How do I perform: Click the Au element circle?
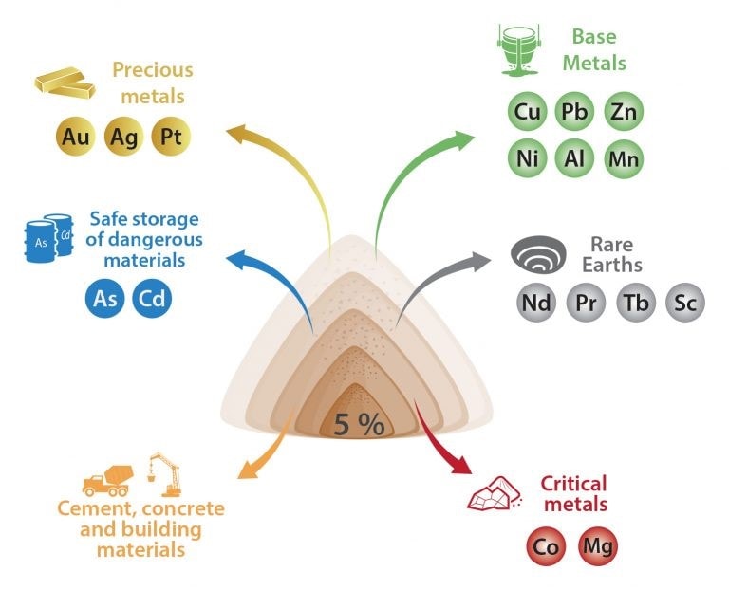pyautogui.click(x=75, y=137)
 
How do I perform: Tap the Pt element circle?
pyautogui.click(x=171, y=137)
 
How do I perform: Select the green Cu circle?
pyautogui.click(x=527, y=112)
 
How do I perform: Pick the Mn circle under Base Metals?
pyautogui.click(x=624, y=158)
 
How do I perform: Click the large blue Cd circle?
pyautogui.click(x=152, y=298)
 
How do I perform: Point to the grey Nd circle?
pyautogui.click(x=536, y=303)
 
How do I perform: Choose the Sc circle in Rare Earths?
pyautogui.click(x=685, y=303)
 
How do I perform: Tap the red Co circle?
pyautogui.click(x=546, y=546)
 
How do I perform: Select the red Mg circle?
pyautogui.click(x=598, y=546)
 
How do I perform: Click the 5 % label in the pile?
pyautogui.click(x=360, y=424)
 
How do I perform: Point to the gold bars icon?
pyautogui.click(x=65, y=83)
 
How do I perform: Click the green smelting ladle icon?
pyautogui.click(x=519, y=50)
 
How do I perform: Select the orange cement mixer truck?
pyautogui.click(x=108, y=481)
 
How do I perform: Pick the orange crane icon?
pyautogui.click(x=163, y=474)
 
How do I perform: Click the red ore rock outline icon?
pyautogui.click(x=494, y=494)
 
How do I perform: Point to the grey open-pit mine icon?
pyautogui.click(x=538, y=254)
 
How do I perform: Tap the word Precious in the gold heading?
pyautogui.click(x=153, y=70)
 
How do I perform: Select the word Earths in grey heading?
pyautogui.click(x=612, y=266)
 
